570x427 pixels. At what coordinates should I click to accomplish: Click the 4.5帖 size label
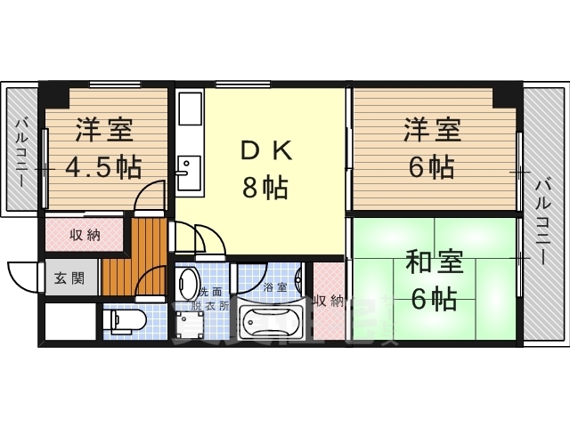point(103,167)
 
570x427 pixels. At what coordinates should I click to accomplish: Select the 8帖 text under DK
point(265,187)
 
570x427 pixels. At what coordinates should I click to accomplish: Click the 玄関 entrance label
point(69,278)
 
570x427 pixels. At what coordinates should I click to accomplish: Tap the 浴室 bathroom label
point(275,288)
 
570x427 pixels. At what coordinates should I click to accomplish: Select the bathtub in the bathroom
point(271,322)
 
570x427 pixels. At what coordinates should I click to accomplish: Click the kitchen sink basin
point(190,173)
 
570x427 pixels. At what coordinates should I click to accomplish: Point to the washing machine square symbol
point(188,324)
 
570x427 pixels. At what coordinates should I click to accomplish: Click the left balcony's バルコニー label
point(20,152)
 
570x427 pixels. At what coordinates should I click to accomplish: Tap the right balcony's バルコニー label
point(542,223)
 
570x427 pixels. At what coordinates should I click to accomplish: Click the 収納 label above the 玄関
point(85,236)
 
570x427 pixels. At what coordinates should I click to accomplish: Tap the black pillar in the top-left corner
point(53,93)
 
